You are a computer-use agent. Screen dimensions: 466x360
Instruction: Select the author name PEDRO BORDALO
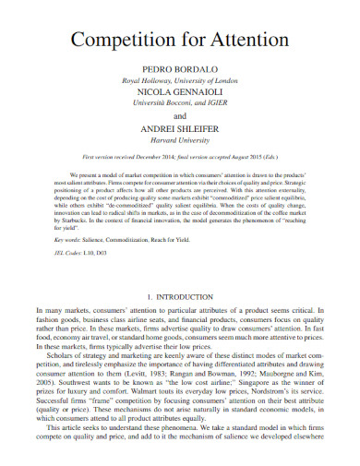[x=180, y=70]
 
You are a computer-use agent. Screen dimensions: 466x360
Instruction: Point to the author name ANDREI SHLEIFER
[x=180, y=129]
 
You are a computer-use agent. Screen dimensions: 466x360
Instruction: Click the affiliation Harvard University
[x=180, y=141]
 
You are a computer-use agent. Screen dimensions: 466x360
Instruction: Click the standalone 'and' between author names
[x=180, y=117]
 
